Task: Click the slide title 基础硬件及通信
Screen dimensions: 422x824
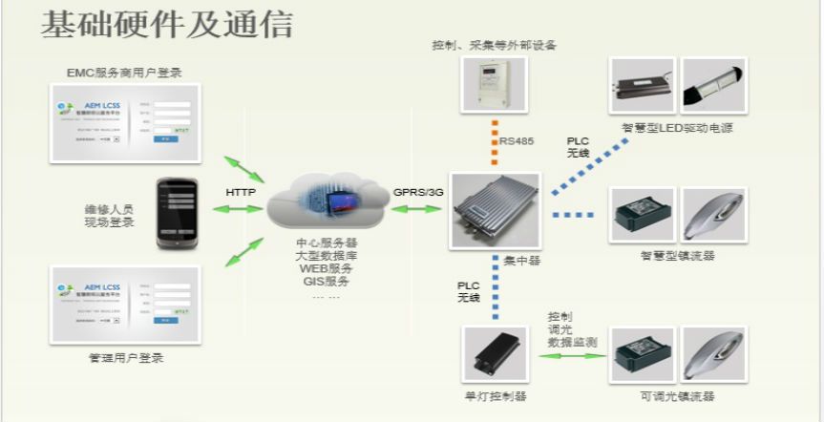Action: coord(166,26)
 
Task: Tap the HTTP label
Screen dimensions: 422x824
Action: coord(241,192)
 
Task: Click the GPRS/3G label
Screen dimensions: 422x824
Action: coord(418,192)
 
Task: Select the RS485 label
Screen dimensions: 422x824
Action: coord(517,141)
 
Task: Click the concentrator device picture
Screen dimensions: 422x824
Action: coord(495,211)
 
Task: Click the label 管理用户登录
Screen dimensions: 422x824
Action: coord(125,358)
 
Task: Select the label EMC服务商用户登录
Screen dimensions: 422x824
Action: coord(124,73)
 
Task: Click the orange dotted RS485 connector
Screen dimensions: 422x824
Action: coord(495,141)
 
